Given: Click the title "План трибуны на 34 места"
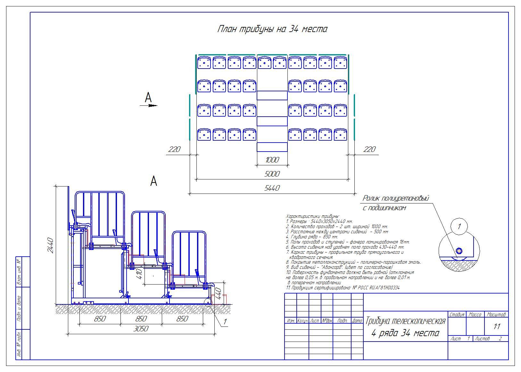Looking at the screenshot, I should click(272, 29).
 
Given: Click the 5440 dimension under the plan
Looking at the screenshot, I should click(272, 188).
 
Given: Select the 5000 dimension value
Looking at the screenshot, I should click(272, 174).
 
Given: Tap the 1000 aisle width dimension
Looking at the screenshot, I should click(272, 160).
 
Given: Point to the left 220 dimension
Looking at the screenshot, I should click(174, 149).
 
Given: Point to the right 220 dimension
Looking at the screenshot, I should click(369, 149).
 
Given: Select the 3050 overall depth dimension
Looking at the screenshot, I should click(141, 329).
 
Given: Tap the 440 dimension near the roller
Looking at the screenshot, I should click(218, 293).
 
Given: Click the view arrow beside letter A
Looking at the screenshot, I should click(149, 105).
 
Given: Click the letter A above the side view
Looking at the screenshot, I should click(154, 181).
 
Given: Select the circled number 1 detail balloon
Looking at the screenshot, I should click(459, 226).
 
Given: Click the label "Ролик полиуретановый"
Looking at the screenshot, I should click(396, 199).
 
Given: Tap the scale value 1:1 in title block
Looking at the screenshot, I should click(496, 327).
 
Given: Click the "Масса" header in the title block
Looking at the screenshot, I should click(475, 315).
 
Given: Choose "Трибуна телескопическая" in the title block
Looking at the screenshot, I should click(405, 321).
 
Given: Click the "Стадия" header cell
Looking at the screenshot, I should click(457, 315).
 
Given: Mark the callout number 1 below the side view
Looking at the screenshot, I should click(225, 321).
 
